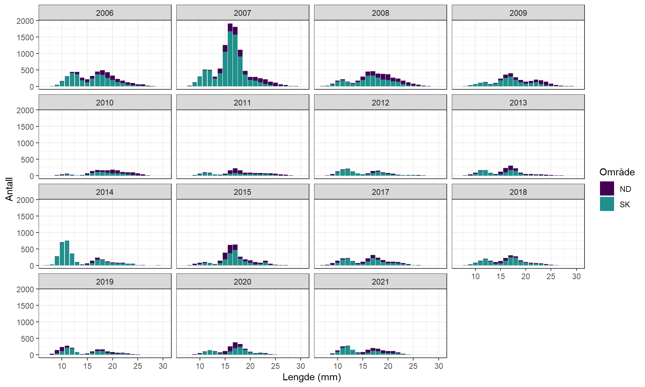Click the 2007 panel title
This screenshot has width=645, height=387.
pos(242,13)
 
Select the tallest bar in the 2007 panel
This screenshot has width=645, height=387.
pos(230,55)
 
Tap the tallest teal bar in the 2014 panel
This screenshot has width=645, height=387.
pos(67,253)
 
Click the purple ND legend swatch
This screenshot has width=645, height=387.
pos(607,188)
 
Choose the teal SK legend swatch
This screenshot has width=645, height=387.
pos(607,204)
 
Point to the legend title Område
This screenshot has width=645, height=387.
pos(617,172)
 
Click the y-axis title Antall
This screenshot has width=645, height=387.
pos(9,189)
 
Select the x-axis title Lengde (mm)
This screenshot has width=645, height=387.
pos(311,377)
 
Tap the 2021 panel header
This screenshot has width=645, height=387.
pos(380,282)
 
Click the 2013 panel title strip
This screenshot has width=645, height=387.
pos(518,102)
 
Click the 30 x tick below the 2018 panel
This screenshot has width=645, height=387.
pos(576,276)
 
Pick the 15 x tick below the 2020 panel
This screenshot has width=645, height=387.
pos(225,366)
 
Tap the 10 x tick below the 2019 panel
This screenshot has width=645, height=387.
pos(62,366)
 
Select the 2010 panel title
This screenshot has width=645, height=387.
pos(104,102)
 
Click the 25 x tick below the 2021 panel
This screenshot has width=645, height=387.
pos(413,366)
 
